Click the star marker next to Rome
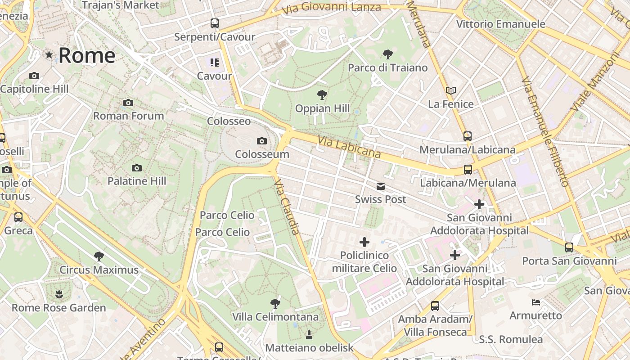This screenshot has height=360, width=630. click(49, 55)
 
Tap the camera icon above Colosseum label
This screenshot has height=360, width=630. click(262, 141)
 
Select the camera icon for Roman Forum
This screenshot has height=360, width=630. click(128, 103)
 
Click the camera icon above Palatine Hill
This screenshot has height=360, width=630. click(137, 168)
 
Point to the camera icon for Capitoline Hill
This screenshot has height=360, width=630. click(34, 76)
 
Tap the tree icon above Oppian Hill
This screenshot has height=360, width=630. click(322, 95)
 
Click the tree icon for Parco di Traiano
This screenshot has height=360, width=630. click(387, 55)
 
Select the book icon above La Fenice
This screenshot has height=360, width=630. click(451, 91)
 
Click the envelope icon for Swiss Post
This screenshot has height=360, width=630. click(381, 186)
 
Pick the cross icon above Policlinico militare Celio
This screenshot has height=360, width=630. click(364, 243)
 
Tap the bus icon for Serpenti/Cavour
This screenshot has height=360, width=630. click(215, 23)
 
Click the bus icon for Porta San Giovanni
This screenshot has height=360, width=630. click(569, 247)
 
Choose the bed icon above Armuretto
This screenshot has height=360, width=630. click(535, 302)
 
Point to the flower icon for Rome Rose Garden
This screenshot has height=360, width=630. click(58, 295)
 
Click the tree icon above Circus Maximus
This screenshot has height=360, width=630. click(99, 256)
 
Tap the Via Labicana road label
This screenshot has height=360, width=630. click(349, 147)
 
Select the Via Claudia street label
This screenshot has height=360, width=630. click(287, 207)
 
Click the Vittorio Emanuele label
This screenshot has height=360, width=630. click(501, 24)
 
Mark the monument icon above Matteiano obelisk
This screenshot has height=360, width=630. click(309, 334)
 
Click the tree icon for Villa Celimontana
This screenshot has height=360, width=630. click(275, 303)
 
